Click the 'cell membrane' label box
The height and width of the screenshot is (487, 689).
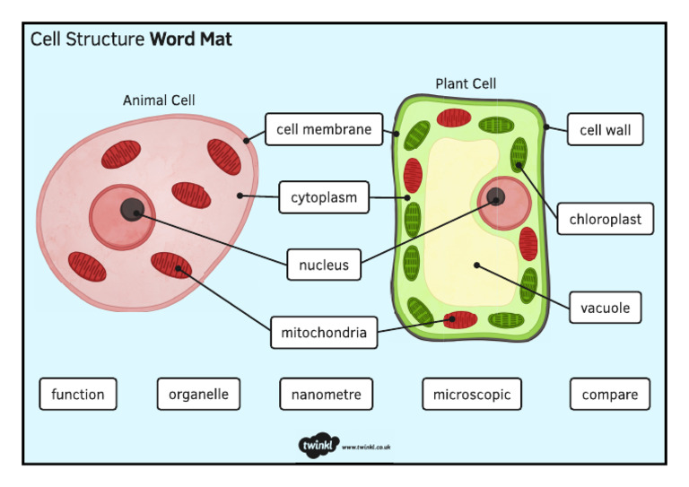click(324, 130)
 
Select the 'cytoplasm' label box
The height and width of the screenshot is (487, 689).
click(324, 197)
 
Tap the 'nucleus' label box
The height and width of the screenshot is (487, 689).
click(324, 265)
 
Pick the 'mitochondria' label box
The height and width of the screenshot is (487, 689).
click(324, 333)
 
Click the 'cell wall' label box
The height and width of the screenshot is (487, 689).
click(605, 130)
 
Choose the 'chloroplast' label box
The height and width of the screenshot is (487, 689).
click(605, 219)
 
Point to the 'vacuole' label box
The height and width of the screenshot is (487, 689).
click(605, 309)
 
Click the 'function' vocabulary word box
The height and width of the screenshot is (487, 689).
click(78, 394)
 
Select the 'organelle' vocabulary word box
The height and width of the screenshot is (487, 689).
click(198, 394)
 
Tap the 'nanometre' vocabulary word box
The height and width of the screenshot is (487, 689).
click(326, 394)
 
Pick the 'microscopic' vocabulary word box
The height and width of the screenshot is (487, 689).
click(472, 394)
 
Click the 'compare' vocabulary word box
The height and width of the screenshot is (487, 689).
click(610, 394)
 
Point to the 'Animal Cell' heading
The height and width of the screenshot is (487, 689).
click(159, 100)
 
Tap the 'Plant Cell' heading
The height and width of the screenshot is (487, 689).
click(466, 83)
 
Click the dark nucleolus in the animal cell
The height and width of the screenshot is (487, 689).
click(133, 210)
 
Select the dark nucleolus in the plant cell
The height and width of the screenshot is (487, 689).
click(494, 197)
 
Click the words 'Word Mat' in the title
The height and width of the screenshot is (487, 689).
click(191, 39)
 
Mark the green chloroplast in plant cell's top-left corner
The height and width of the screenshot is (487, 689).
click(416, 135)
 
